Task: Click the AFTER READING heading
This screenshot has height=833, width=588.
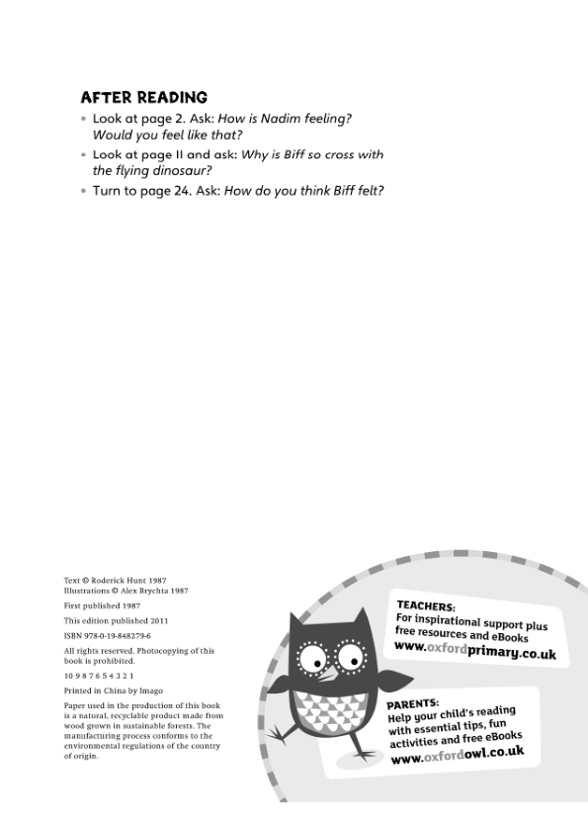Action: coord(143,97)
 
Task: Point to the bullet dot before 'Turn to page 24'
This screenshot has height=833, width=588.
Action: coord(84,191)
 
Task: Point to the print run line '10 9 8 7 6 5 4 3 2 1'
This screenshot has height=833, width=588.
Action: coord(99,675)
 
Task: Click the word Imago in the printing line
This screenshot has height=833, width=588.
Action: coord(151,690)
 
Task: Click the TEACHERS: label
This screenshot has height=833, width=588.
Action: coord(425,605)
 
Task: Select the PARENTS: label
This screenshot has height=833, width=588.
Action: coord(413,703)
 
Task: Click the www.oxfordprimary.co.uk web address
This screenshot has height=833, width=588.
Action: coord(474,651)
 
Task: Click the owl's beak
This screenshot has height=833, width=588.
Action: coord(327,672)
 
